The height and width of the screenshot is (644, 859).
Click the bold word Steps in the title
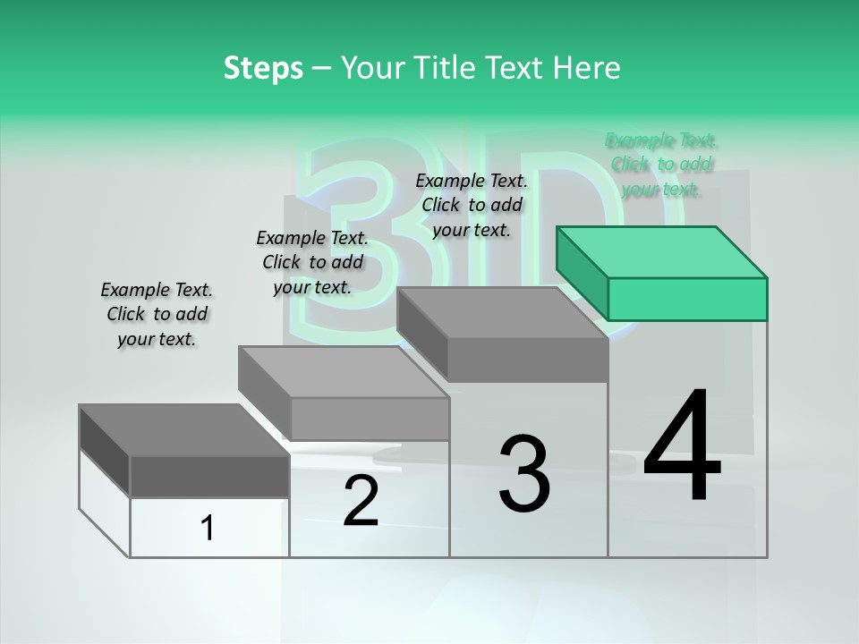[263, 68]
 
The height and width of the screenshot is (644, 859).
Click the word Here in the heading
[587, 68]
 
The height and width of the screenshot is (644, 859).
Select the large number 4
[682, 447]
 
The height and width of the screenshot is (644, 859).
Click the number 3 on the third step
[524, 474]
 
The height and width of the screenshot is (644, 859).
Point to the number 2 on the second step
[361, 501]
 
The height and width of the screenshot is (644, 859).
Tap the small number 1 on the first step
[208, 529]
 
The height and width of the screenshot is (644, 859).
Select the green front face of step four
[687, 299]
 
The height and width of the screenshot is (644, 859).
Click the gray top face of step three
[501, 313]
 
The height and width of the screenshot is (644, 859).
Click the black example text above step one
[157, 314]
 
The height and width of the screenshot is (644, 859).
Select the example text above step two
[312, 262]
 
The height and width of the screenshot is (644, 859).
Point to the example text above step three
[472, 205]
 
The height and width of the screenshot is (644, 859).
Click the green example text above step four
[661, 165]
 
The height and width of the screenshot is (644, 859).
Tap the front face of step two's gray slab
[370, 419]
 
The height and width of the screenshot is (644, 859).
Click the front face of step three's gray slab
[528, 360]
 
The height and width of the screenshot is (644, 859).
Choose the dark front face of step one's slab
[209, 476]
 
